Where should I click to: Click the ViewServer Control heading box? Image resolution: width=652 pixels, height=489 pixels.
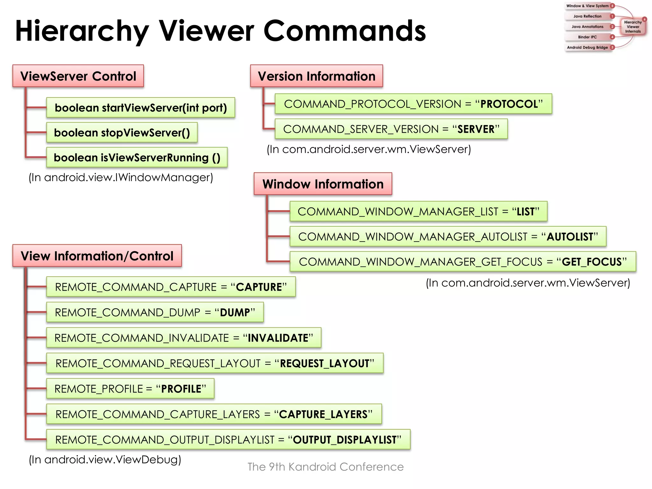click(78, 76)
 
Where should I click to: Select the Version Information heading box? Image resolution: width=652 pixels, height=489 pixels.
click(316, 76)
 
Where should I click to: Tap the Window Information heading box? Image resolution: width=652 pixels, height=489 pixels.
click(323, 184)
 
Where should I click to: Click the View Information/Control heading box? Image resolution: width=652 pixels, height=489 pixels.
click(97, 256)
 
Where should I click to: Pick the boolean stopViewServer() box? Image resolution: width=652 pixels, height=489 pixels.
click(122, 132)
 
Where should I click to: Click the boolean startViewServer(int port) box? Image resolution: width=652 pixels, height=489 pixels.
click(140, 108)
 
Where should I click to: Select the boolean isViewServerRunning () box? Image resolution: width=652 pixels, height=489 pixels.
click(137, 157)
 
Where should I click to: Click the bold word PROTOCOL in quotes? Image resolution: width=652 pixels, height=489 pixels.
click(509, 104)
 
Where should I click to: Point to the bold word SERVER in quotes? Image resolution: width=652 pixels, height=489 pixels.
click(476, 129)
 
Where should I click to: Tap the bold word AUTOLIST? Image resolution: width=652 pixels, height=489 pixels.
click(570, 237)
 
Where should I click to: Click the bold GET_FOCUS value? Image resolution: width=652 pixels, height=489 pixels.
click(592, 262)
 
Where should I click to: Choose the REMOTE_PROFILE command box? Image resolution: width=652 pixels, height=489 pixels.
click(130, 389)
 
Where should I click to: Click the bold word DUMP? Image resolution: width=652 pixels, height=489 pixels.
click(235, 313)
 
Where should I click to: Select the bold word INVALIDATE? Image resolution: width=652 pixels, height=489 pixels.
click(278, 338)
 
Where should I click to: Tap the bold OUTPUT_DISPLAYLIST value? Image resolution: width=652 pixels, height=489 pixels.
click(345, 440)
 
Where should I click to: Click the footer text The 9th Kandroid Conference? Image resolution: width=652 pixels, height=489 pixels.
click(325, 467)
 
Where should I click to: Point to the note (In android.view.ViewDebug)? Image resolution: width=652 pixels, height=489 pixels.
click(105, 459)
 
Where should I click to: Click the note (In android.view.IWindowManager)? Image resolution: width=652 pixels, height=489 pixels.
click(121, 177)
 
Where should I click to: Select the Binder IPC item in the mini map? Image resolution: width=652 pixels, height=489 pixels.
click(587, 37)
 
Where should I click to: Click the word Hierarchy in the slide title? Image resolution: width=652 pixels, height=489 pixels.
click(82, 31)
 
